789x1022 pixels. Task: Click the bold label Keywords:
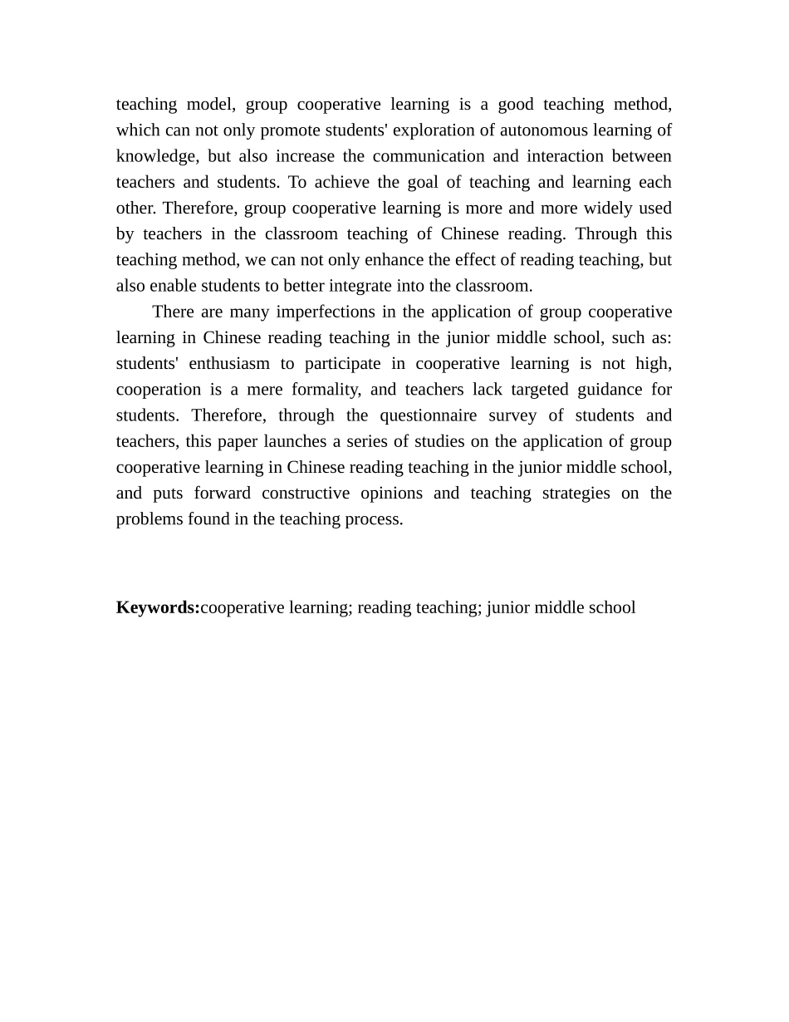tap(158, 607)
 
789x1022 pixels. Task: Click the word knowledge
tap(155, 156)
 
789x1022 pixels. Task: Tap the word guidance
tap(606, 390)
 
